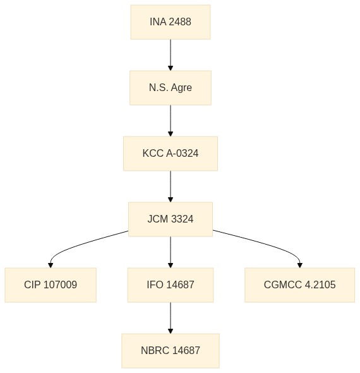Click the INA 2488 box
click(171, 22)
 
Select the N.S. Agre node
click(171, 88)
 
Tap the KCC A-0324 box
click(171, 154)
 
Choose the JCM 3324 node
click(171, 219)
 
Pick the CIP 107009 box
click(51, 285)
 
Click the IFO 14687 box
click(171, 285)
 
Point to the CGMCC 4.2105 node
click(299, 285)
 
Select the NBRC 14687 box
click(171, 351)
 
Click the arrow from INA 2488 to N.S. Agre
click(171, 55)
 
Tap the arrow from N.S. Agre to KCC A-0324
click(171, 121)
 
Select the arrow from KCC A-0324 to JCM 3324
click(171, 186)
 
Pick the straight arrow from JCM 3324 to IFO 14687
click(171, 252)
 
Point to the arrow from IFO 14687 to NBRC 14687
click(171, 318)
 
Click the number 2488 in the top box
click(181, 22)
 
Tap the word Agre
click(181, 88)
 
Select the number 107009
click(61, 284)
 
